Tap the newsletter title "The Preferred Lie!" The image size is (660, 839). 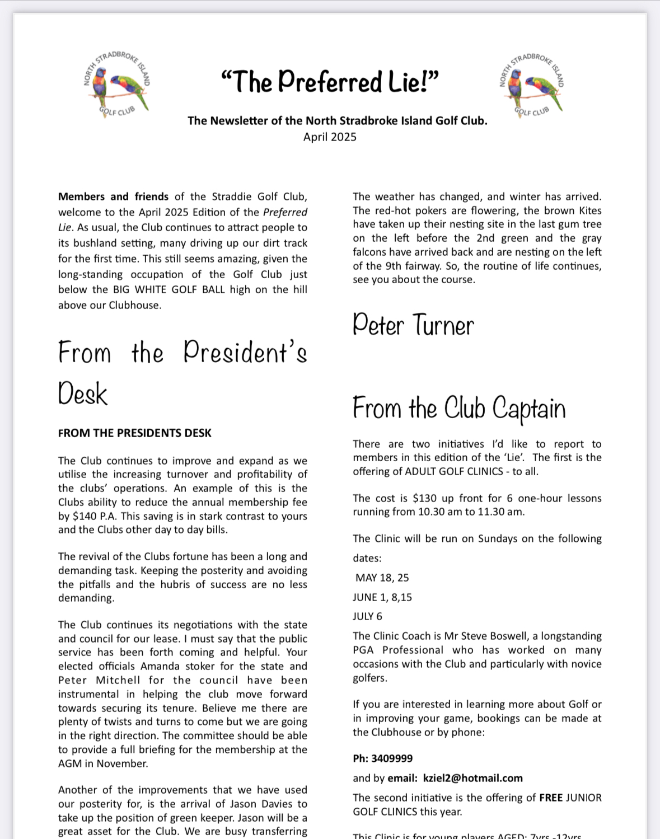[330, 82]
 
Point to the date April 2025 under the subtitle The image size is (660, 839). [330, 137]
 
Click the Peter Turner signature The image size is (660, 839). [413, 325]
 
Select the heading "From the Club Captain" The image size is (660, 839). [459, 408]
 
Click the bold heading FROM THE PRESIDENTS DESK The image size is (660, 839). [135, 433]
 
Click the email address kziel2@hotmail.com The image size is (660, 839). [473, 779]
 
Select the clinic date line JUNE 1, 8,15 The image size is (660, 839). [382, 598]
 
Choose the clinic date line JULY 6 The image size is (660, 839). [368, 617]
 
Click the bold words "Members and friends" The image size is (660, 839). [113, 197]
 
